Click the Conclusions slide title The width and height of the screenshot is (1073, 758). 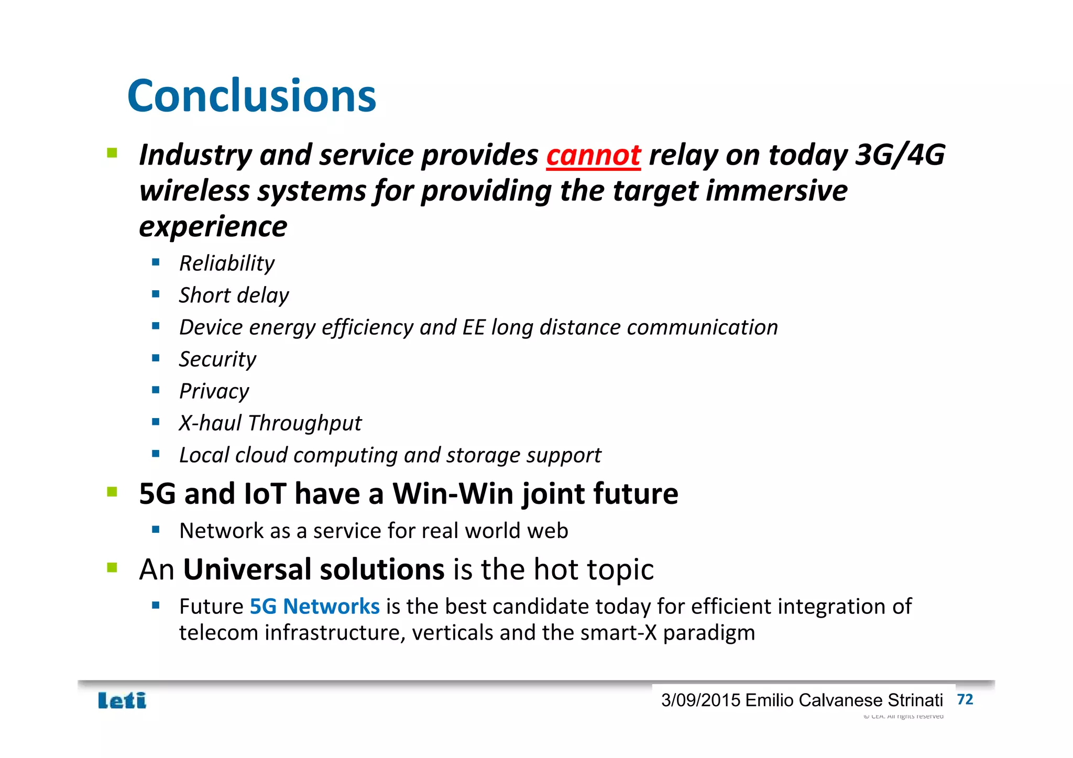[x=251, y=96]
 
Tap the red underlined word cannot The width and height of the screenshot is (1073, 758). [x=593, y=156]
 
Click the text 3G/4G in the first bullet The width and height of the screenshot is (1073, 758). [x=900, y=156]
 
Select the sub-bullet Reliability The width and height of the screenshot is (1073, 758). [x=226, y=263]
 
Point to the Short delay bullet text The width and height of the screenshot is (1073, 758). [x=234, y=295]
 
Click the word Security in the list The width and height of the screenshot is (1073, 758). [x=217, y=359]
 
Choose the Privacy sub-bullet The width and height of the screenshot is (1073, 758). [x=214, y=391]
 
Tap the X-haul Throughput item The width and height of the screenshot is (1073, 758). [x=270, y=423]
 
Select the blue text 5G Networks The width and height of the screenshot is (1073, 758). [x=314, y=607]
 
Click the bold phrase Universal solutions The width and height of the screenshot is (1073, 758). [x=313, y=569]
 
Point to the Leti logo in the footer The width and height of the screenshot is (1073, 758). [x=122, y=700]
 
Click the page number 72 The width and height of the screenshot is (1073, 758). [x=965, y=699]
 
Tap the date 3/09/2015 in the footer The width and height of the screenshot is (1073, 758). [x=700, y=700]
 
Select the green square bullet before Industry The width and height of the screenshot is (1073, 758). [x=112, y=153]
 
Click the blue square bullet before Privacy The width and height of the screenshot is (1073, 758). [x=156, y=390]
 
